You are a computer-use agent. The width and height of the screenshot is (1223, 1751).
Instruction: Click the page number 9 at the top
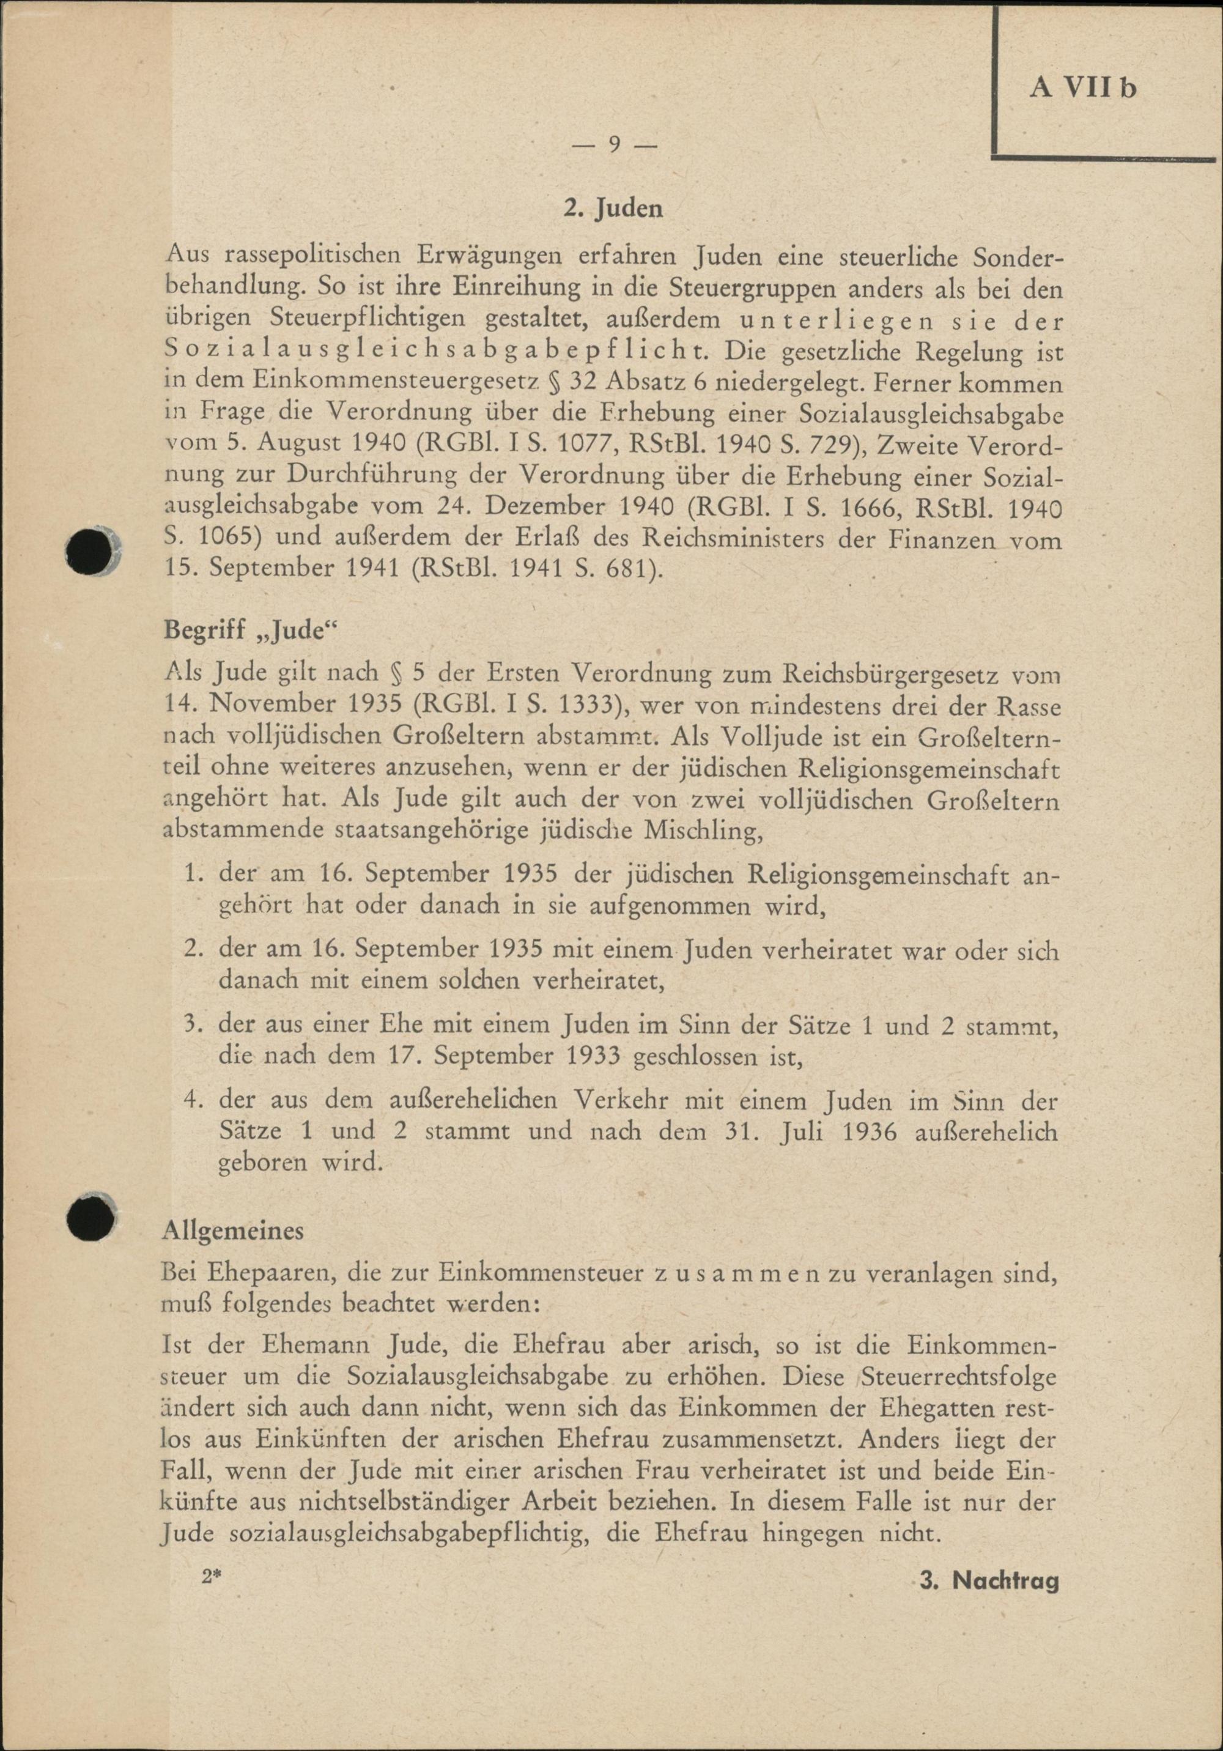[612, 146]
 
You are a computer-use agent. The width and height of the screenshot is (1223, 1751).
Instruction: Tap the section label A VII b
[1083, 89]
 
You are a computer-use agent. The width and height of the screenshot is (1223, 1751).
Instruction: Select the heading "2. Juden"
[612, 209]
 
